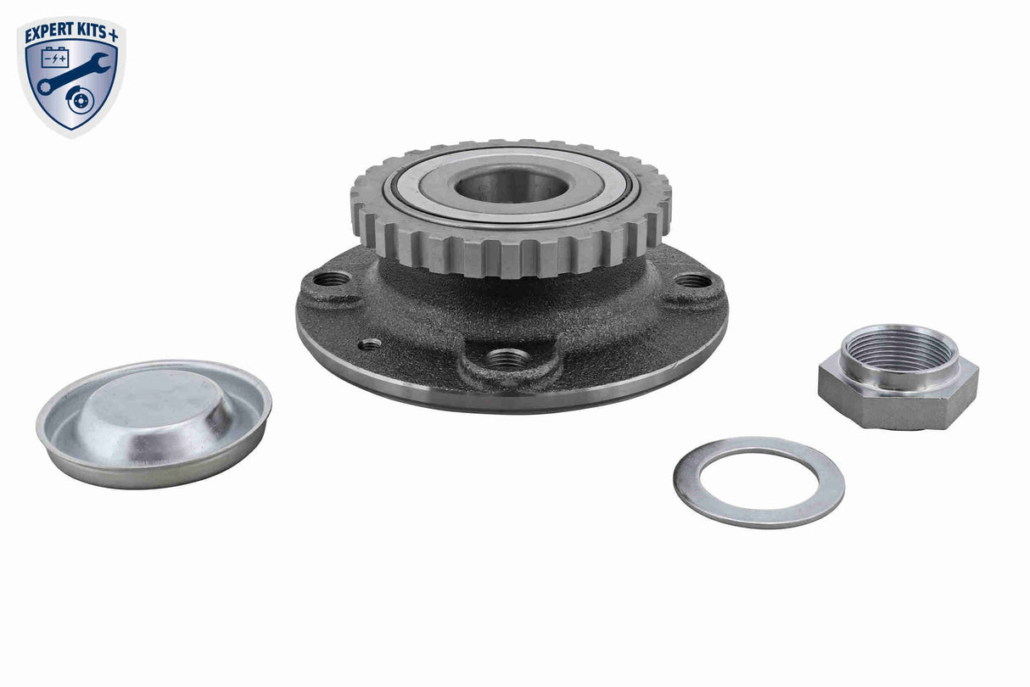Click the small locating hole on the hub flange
click(370, 344)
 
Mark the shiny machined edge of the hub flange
click(509, 399)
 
